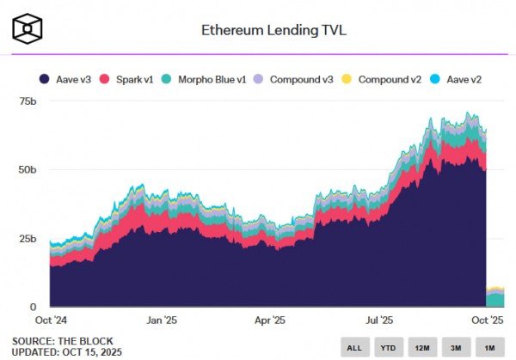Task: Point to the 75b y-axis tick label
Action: coord(28,101)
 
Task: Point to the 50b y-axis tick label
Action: coord(28,170)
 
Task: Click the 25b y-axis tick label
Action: coord(28,238)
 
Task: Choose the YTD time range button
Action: coord(388,348)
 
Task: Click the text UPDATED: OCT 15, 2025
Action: coord(67,352)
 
